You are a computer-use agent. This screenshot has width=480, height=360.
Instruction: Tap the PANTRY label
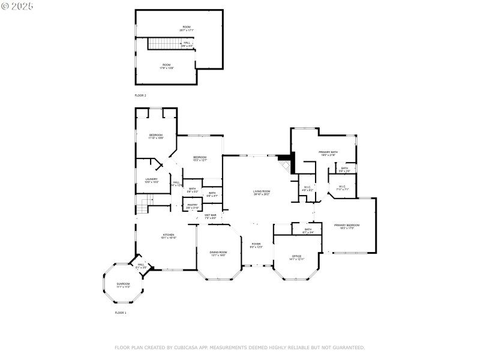click(192, 205)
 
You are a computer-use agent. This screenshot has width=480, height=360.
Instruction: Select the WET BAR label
click(210, 215)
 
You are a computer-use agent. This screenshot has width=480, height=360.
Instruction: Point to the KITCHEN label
click(167, 236)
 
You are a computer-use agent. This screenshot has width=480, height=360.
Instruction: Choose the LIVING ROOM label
click(262, 191)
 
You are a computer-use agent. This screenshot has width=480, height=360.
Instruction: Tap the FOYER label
click(257, 245)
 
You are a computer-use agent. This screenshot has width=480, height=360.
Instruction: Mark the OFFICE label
click(297, 256)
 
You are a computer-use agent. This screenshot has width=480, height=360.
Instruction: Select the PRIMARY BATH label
click(328, 152)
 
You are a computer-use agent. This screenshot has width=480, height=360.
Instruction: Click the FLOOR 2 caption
click(140, 95)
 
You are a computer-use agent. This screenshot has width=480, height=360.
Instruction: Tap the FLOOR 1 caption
click(121, 313)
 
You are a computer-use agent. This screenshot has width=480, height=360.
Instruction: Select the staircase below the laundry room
click(141, 208)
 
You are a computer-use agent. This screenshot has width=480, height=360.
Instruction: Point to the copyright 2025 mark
click(17, 6)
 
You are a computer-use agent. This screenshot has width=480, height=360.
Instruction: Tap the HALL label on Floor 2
click(187, 43)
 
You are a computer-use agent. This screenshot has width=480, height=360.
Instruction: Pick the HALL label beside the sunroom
click(141, 265)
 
